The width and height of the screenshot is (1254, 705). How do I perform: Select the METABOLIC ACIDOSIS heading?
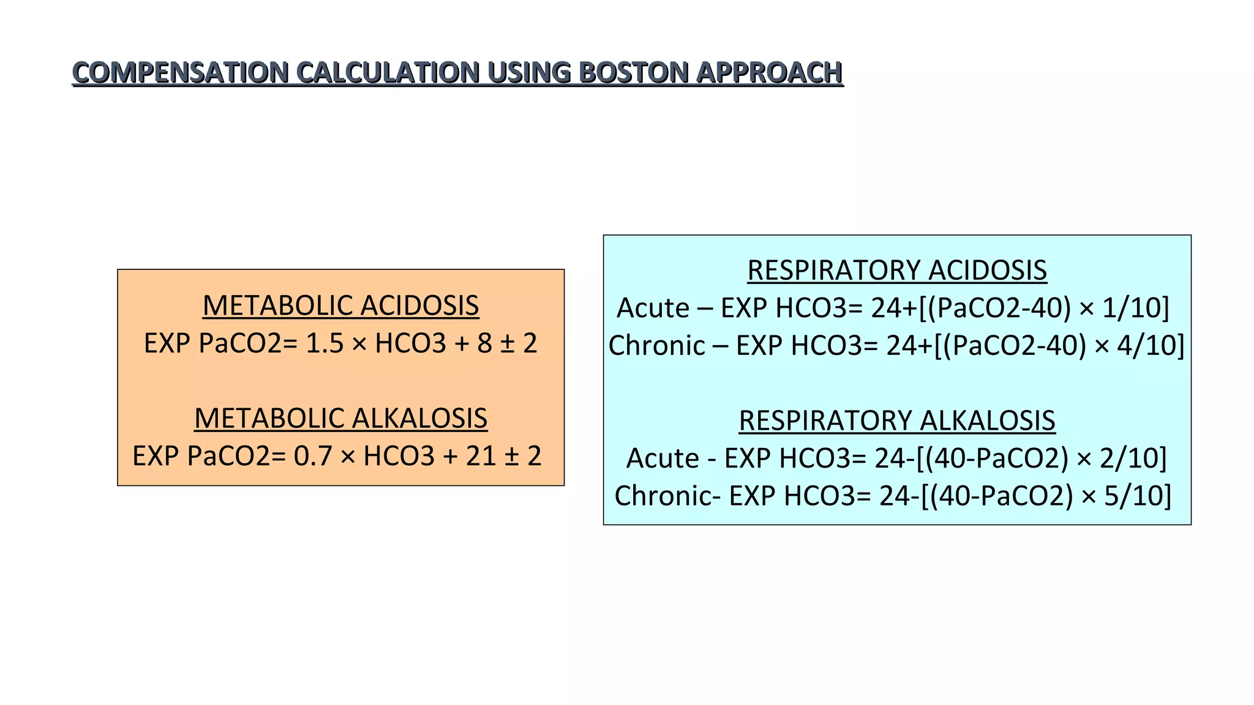(x=340, y=305)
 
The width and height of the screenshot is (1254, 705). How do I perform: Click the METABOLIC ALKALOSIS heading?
(x=340, y=419)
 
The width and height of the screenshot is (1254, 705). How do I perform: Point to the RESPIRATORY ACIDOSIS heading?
(x=897, y=270)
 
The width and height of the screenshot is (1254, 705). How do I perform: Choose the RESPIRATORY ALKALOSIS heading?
(x=897, y=420)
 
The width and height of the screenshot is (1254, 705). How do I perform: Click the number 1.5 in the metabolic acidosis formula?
(x=325, y=343)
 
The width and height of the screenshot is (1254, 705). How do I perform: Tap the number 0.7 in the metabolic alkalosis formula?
(x=313, y=457)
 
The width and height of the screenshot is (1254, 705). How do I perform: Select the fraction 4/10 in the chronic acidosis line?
(x=1150, y=346)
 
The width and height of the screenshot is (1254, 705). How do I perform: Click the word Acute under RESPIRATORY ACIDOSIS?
(x=653, y=308)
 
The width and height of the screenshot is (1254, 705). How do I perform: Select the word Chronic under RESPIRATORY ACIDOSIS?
(x=656, y=346)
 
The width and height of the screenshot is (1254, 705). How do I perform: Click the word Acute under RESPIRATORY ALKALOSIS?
(x=663, y=458)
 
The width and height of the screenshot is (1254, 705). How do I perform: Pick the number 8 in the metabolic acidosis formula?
(x=485, y=343)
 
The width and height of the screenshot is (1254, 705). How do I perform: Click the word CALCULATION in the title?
(x=388, y=73)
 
